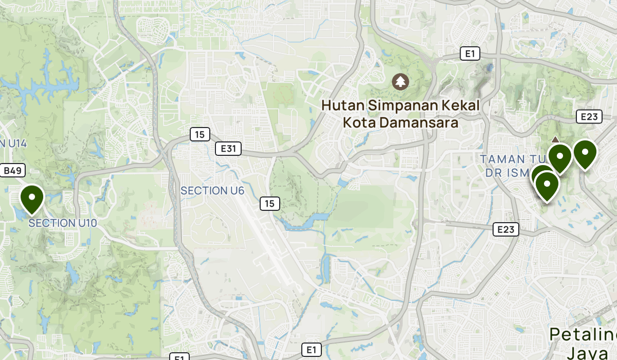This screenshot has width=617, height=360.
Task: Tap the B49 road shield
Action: (x=14, y=171)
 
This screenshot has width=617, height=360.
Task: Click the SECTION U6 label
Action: (x=212, y=191)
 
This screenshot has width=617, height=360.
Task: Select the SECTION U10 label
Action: (x=63, y=223)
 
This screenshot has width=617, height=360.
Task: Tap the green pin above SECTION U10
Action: (x=32, y=199)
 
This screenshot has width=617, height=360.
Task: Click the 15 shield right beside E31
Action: (x=199, y=135)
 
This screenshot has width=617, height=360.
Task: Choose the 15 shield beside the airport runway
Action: (x=269, y=204)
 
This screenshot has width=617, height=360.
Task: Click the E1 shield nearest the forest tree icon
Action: (x=470, y=53)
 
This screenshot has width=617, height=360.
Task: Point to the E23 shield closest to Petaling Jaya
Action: (x=505, y=229)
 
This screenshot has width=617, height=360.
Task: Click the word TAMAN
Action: (x=502, y=159)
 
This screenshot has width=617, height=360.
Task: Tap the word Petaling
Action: (x=583, y=335)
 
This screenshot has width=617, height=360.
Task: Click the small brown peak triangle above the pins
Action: (x=555, y=139)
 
